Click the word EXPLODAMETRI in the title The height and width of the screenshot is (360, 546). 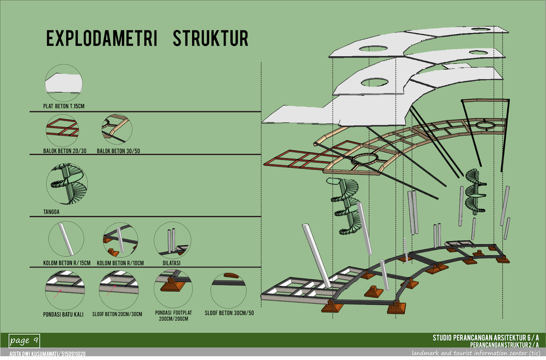coord(101,38)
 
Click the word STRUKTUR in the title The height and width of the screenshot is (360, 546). coord(210,38)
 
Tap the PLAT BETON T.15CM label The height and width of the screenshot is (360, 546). coord(63,106)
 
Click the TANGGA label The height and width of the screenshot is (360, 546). coord(51,212)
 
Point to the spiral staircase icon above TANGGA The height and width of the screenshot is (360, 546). coord(67,184)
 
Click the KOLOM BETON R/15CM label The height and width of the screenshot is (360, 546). coord(67,263)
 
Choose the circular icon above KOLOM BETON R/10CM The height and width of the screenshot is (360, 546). coord(120,240)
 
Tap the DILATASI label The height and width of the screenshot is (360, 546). coord(171,263)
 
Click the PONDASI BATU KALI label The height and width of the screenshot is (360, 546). coord(63,314)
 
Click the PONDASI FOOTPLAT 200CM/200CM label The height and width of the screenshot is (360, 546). coord(173,316)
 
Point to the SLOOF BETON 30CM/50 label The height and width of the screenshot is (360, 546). coord(229,313)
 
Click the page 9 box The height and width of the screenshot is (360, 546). coord(24,341)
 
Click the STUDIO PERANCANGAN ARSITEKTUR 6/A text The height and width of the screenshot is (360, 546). coord(485,338)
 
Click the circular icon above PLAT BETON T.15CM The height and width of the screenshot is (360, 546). coord(64,83)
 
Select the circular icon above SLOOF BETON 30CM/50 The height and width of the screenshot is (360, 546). coord(228,290)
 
